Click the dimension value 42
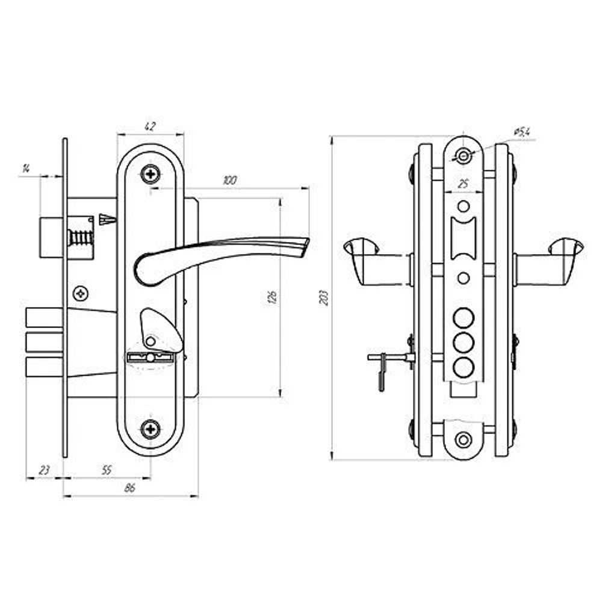click(150, 126)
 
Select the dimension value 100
click(230, 180)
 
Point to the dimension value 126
click(272, 298)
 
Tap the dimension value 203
click(325, 298)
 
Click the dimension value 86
click(130, 488)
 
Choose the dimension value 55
click(107, 470)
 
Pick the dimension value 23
click(44, 470)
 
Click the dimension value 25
click(464, 184)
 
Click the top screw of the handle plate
click(150, 174)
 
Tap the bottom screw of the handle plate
click(150, 429)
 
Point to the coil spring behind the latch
click(81, 238)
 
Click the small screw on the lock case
click(81, 294)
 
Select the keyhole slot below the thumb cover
click(150, 358)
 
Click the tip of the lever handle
click(308, 240)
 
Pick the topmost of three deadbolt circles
click(464, 318)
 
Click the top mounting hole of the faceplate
click(464, 157)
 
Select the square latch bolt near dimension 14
click(51, 237)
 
